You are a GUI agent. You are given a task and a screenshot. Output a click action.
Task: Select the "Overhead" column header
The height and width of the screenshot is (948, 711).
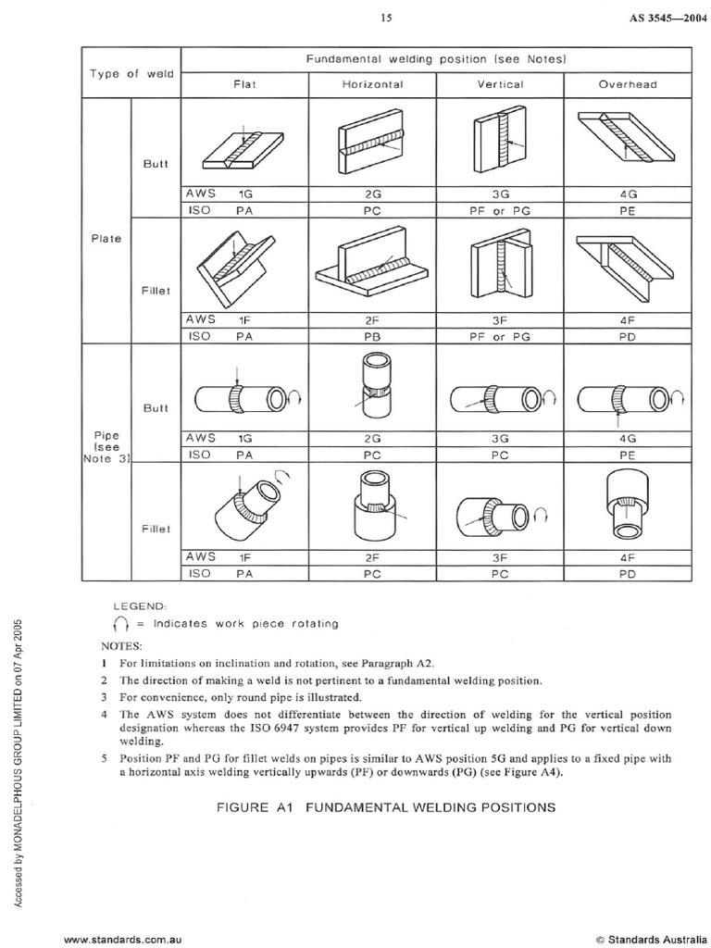(x=627, y=84)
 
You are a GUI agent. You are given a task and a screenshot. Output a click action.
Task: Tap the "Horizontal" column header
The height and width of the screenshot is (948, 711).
(x=372, y=84)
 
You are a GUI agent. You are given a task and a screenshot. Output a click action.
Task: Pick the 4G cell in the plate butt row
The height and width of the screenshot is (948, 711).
(x=627, y=196)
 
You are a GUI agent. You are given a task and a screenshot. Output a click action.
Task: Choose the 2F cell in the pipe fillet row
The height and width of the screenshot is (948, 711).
(x=372, y=557)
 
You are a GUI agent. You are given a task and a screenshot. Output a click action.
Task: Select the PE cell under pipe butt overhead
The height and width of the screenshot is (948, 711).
(x=627, y=455)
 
